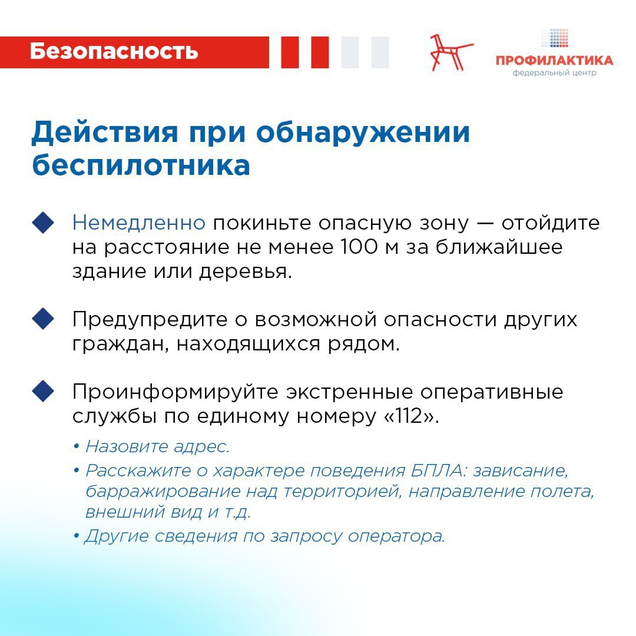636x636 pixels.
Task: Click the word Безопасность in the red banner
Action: pyautogui.click(x=114, y=51)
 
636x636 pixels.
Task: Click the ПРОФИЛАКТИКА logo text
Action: pyautogui.click(x=554, y=61)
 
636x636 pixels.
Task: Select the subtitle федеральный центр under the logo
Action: pyautogui.click(x=554, y=73)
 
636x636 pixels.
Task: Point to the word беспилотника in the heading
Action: pyautogui.click(x=141, y=165)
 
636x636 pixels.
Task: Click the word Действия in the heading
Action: pyautogui.click(x=105, y=132)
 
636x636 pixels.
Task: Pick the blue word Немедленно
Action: pyautogui.click(x=139, y=223)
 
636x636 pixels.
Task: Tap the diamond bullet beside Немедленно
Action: pyautogui.click(x=43, y=223)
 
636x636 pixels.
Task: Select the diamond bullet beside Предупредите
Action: pyautogui.click(x=43, y=319)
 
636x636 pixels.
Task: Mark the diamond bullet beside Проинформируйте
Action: pyautogui.click(x=43, y=391)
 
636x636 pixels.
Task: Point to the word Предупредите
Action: pyautogui.click(x=150, y=319)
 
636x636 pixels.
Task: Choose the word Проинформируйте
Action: pyautogui.click(x=176, y=392)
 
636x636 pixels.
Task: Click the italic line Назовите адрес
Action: pyautogui.click(x=158, y=446)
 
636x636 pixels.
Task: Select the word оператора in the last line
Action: pyautogui.click(x=397, y=536)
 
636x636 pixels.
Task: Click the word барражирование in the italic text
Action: pyautogui.click(x=163, y=492)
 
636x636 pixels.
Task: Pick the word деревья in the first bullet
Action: pyautogui.click(x=246, y=271)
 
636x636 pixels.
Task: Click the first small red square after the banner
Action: pyautogui.click(x=290, y=52)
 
